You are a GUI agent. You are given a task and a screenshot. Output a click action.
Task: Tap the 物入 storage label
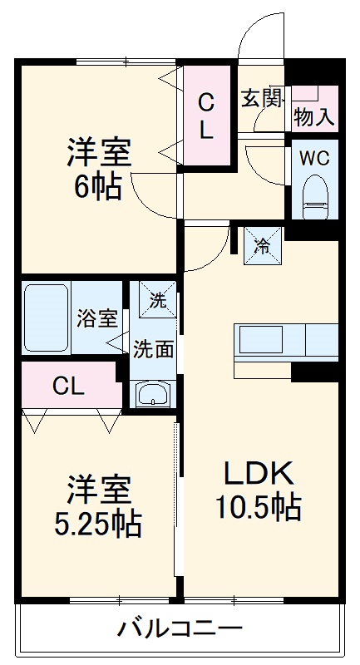tap(315, 117)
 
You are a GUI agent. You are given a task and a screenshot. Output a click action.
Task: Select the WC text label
tap(314, 157)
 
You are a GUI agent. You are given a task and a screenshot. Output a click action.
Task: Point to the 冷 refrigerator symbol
tap(262, 245)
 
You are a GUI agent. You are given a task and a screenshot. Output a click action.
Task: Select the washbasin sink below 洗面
tap(152, 392)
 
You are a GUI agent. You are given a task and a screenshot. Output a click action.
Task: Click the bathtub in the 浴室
tap(47, 318)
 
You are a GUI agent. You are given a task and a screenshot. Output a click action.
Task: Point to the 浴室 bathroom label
tap(98, 318)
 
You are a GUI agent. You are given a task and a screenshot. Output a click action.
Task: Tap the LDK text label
tap(258, 472)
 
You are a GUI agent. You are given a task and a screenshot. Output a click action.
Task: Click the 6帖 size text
tap(98, 186)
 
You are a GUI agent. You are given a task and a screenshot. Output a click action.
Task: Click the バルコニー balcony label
tap(180, 628)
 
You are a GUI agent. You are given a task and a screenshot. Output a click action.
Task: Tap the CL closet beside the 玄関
tap(206, 115)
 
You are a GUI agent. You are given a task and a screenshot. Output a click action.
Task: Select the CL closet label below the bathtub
tap(68, 386)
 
